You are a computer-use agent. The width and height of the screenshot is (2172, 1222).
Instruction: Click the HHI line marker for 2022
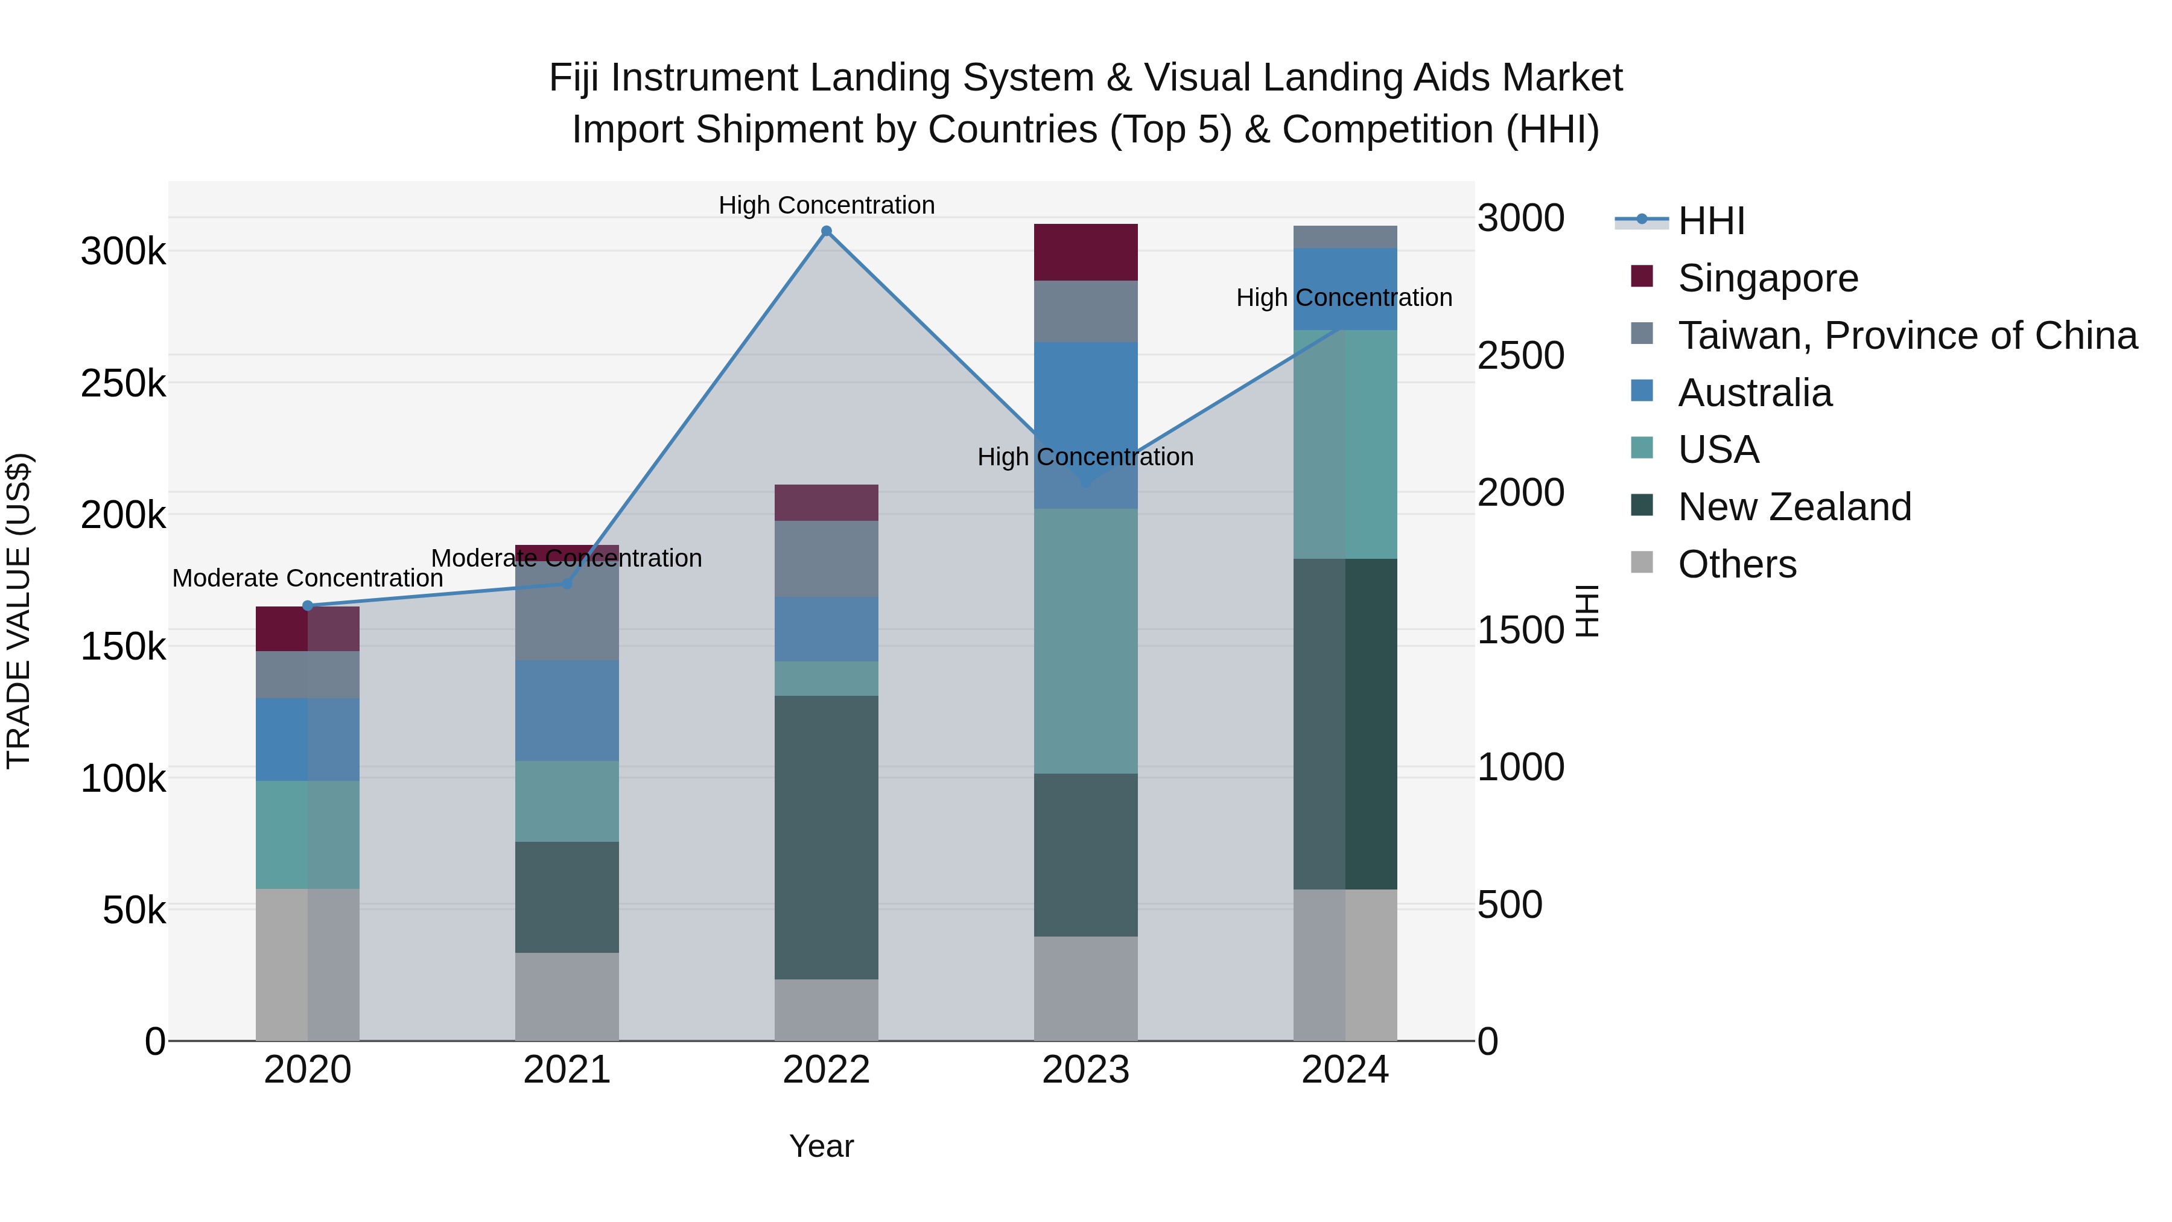coord(827,231)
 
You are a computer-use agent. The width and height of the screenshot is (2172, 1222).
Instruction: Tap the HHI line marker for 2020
coord(308,605)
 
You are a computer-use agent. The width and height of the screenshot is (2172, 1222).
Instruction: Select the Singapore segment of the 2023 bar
coord(1085,252)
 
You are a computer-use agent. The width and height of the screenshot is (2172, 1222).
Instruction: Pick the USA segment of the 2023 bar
coord(1085,641)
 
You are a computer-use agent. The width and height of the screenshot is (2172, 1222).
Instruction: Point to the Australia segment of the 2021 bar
coord(567,710)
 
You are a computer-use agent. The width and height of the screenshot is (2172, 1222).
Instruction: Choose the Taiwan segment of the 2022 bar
coord(827,559)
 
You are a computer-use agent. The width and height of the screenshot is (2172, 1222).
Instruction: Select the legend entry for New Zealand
coord(1794,507)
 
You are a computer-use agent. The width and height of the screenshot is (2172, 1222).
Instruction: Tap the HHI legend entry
coord(1711,221)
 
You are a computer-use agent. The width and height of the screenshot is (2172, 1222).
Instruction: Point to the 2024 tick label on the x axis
coord(1345,1070)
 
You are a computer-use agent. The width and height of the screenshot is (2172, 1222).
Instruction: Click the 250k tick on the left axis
coord(123,384)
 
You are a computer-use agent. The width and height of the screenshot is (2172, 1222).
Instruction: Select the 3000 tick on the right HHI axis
coord(1520,218)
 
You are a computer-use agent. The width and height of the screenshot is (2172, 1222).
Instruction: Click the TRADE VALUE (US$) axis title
coord(19,611)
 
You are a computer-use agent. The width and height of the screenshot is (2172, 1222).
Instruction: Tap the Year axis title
coord(821,1146)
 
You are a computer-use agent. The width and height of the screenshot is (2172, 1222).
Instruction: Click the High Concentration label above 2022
coord(827,205)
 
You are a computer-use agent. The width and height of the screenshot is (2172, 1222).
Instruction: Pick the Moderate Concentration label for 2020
coord(308,579)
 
